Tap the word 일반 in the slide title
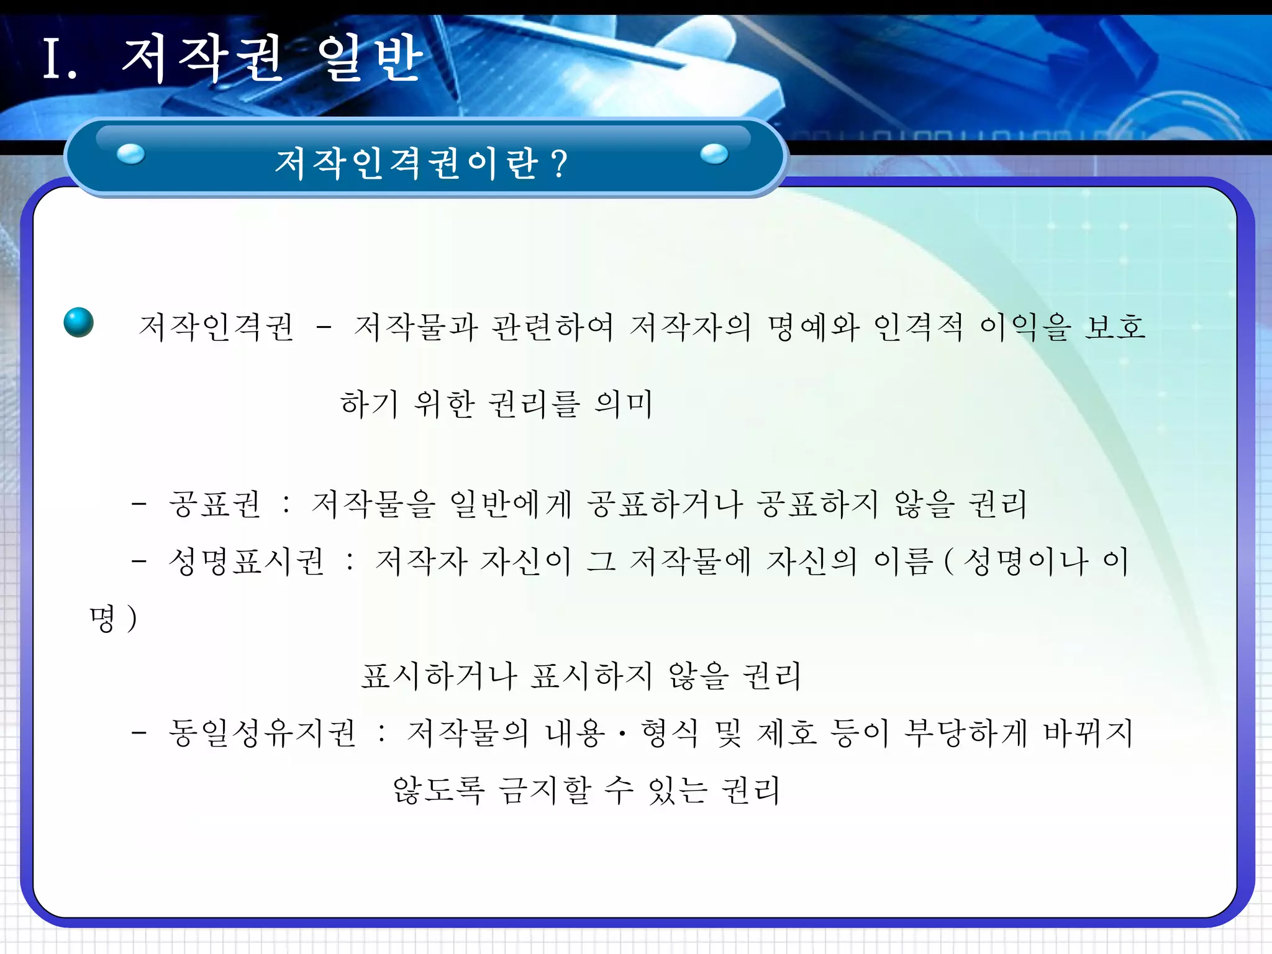[x=370, y=59]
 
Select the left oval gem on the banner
[x=130, y=154]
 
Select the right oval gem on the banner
[x=714, y=153]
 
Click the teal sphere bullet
[x=79, y=322]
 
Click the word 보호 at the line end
[x=1115, y=327]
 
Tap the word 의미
[x=624, y=404]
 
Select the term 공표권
[x=215, y=504]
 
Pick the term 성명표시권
[x=247, y=561]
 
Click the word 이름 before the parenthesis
[x=904, y=561]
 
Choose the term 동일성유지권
[x=262, y=733]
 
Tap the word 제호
[x=787, y=733]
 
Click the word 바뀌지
[x=1088, y=733]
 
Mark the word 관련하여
[x=552, y=327]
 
